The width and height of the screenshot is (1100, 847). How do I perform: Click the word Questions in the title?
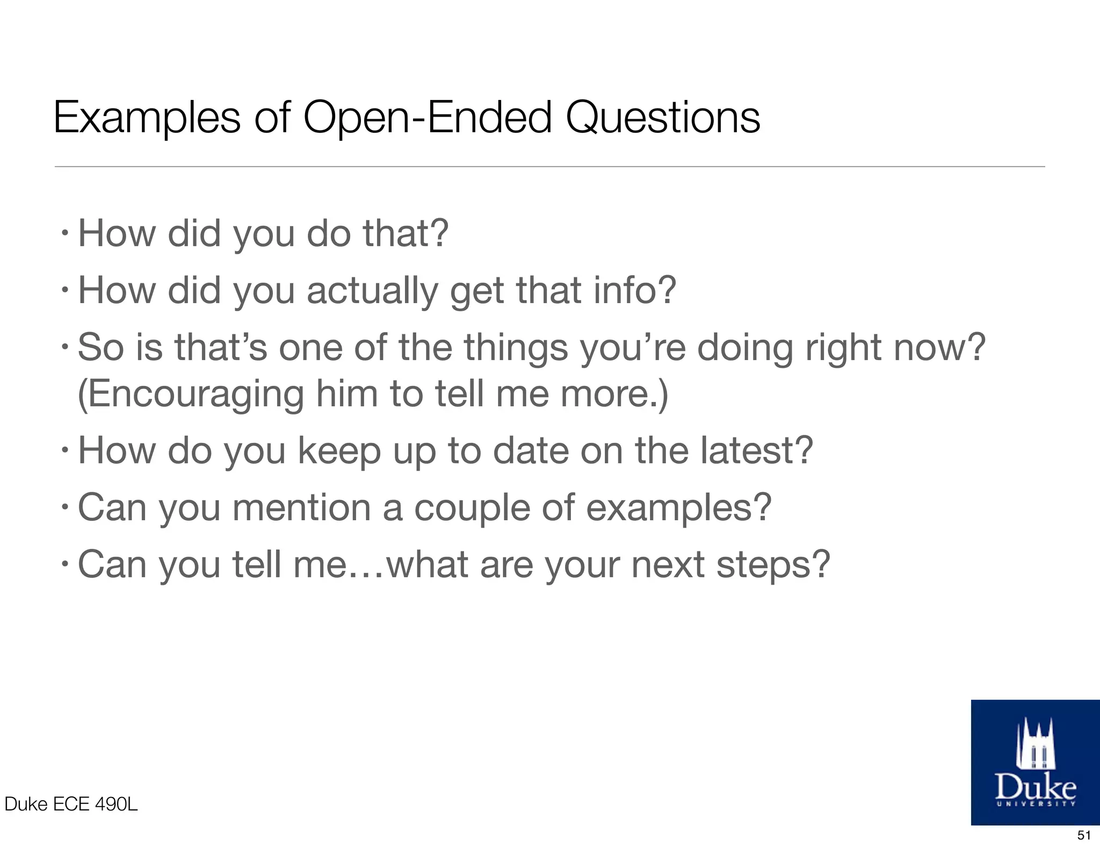tap(663, 118)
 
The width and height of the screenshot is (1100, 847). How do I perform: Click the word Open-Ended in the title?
tap(428, 118)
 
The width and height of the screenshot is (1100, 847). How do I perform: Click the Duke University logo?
tap(1035, 762)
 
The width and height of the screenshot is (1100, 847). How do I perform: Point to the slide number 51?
tap(1084, 835)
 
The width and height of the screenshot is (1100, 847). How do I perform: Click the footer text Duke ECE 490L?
tap(71, 804)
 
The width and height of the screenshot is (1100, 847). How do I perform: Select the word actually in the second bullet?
tap(372, 291)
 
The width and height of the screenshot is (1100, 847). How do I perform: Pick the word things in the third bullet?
tap(516, 348)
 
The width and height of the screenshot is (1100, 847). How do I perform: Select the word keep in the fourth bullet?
tap(339, 451)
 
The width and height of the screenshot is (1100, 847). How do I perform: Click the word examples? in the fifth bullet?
tap(678, 508)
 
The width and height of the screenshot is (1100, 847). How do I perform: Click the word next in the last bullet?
tap(668, 565)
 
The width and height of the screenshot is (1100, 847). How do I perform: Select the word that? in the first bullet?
tap(405, 234)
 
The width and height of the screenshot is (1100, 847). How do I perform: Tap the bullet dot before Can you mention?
tap(64, 506)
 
